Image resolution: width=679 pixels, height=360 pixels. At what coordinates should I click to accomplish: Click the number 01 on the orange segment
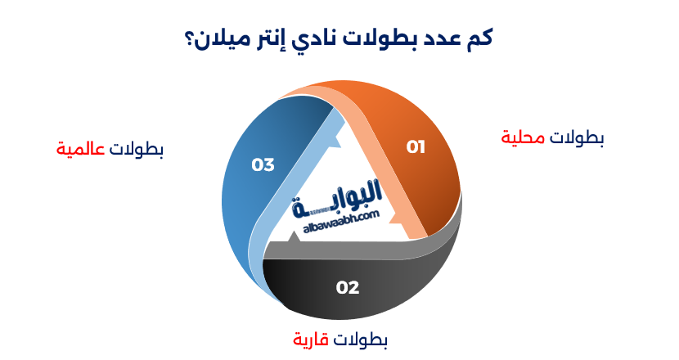click(416, 147)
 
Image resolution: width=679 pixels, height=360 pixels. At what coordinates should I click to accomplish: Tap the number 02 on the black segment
click(348, 287)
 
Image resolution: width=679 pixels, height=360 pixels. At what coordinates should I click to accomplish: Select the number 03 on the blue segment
click(263, 165)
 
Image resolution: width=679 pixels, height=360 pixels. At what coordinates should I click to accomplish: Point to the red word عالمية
click(82, 150)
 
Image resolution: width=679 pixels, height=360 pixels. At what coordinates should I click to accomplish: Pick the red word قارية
click(311, 338)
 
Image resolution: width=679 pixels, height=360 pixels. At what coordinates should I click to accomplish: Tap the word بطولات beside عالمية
click(137, 150)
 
